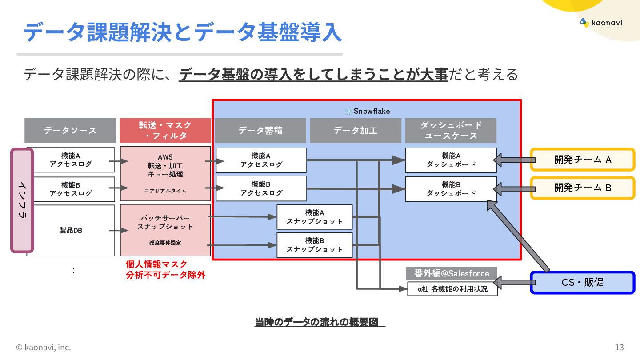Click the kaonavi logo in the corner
pyautogui.click(x=601, y=23)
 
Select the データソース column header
pyautogui.click(x=70, y=130)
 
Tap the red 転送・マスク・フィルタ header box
pyautogui.click(x=165, y=130)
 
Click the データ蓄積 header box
pyautogui.click(x=260, y=130)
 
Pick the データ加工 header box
pyautogui.click(x=356, y=130)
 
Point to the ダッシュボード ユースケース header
pyautogui.click(x=451, y=130)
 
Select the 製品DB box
pyautogui.click(x=71, y=230)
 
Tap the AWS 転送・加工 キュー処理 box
pyautogui.click(x=165, y=173)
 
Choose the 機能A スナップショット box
pyautogui.click(x=315, y=217)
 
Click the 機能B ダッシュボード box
pyautogui.click(x=451, y=189)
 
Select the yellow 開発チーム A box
pyautogui.click(x=582, y=160)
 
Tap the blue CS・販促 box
pyautogui.click(x=582, y=282)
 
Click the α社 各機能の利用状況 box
pyautogui.click(x=452, y=289)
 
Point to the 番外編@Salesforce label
pyautogui.click(x=452, y=273)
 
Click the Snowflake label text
pyautogui.click(x=372, y=111)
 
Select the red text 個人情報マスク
pyautogui.click(x=157, y=264)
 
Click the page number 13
pyautogui.click(x=620, y=347)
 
